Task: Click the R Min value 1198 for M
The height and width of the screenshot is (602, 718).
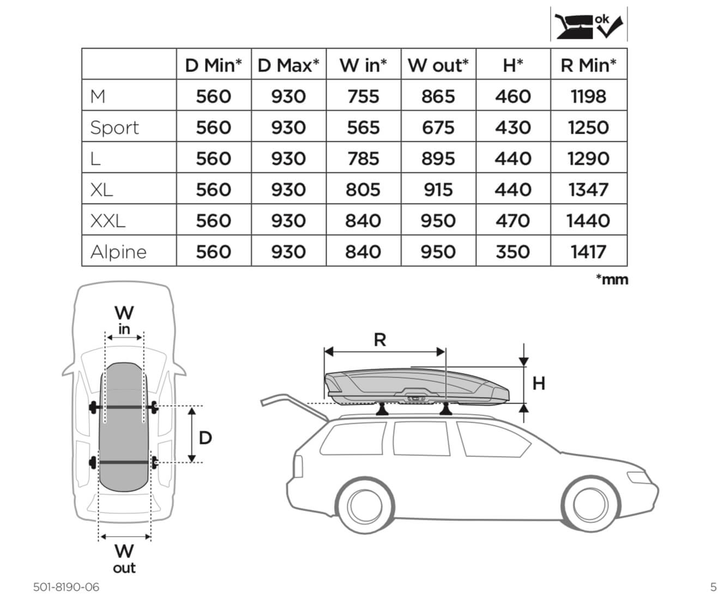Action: tap(588, 97)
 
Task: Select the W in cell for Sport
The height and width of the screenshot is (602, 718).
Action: tap(363, 128)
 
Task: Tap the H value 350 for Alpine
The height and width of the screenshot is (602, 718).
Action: tap(512, 252)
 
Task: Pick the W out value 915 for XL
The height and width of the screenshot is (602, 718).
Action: tap(438, 190)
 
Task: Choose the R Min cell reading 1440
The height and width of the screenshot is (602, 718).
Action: tap(588, 221)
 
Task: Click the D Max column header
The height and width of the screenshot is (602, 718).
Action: tap(288, 65)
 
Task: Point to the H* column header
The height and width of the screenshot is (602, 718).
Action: tap(512, 65)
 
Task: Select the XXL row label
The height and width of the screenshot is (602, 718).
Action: tap(108, 221)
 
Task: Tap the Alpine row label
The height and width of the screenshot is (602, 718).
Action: tap(118, 252)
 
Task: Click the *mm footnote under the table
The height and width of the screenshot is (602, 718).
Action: tap(612, 280)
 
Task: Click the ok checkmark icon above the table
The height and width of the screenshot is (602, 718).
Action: tap(589, 25)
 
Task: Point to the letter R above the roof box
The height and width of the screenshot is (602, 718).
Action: tap(380, 340)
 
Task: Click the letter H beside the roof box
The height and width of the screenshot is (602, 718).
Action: tap(539, 384)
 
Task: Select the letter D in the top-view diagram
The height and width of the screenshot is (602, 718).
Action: tap(205, 437)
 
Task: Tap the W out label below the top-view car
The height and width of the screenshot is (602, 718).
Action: tap(124, 558)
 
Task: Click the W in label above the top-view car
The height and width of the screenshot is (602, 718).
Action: tap(124, 320)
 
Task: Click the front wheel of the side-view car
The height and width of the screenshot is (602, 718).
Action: tap(590, 503)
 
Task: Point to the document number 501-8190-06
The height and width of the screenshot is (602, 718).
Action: tap(67, 587)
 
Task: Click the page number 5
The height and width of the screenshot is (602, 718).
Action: tap(713, 587)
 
